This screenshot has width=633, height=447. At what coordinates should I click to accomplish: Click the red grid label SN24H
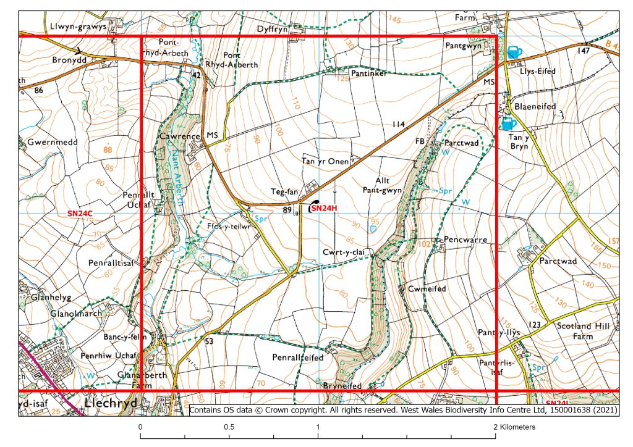pyautogui.click(x=325, y=209)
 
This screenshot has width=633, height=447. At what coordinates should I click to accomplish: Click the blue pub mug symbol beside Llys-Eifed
pyautogui.click(x=514, y=52)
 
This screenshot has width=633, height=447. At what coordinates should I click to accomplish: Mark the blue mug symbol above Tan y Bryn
pyautogui.click(x=509, y=123)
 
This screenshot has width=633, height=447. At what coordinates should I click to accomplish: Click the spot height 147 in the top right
pyautogui.click(x=582, y=51)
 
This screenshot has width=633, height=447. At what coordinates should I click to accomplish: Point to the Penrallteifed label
pyautogui.click(x=298, y=357)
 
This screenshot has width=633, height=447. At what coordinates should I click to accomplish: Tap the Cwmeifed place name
pyautogui.click(x=427, y=289)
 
